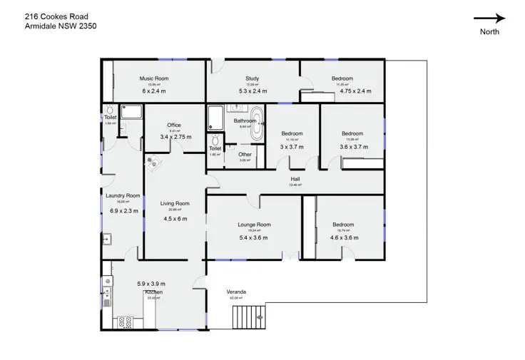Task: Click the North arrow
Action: click(x=489, y=19)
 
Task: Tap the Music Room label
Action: click(x=153, y=78)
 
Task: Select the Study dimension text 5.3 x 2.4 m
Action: click(x=252, y=91)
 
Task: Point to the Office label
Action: click(x=174, y=125)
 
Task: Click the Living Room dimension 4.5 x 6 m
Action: click(x=175, y=219)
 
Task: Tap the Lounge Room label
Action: click(x=254, y=225)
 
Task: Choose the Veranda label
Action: click(x=236, y=292)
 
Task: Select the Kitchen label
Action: click(x=154, y=292)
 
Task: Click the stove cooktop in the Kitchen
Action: click(x=126, y=322)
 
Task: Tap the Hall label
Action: click(x=295, y=179)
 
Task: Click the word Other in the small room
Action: click(x=245, y=154)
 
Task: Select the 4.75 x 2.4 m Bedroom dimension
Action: click(x=356, y=91)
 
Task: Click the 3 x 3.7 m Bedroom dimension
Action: click(x=292, y=146)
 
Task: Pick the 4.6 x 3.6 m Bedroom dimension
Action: click(x=343, y=237)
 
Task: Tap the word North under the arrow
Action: click(x=489, y=31)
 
